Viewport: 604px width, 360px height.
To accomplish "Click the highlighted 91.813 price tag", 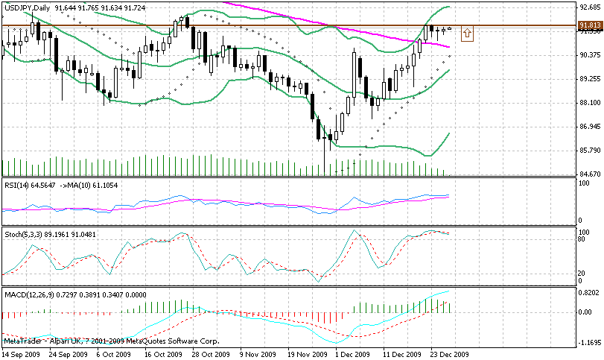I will (590, 25).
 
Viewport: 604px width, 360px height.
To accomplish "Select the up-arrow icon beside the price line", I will (467, 33).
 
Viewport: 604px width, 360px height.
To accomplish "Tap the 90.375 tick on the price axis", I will (590, 55).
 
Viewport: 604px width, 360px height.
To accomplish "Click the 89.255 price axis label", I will (590, 78).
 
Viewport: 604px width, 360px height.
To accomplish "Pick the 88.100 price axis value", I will (590, 102).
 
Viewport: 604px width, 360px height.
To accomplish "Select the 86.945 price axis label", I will (590, 126).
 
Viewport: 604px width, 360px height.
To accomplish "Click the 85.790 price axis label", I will (590, 150).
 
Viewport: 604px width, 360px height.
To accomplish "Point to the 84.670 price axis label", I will (590, 174).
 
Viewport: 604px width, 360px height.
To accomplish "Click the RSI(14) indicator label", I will (16, 184).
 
